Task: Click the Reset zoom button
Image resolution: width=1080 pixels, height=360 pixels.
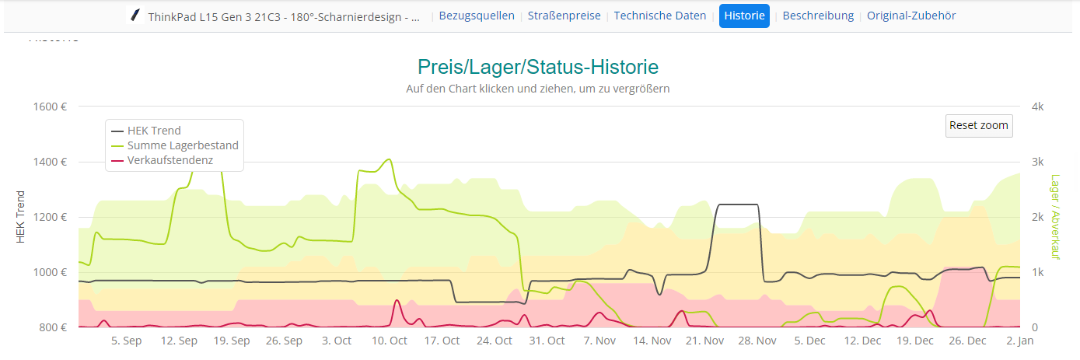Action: (979, 125)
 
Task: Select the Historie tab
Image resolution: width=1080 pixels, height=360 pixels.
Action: (744, 16)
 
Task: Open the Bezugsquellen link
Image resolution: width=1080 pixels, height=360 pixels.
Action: (477, 16)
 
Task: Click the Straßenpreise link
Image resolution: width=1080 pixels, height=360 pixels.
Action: (564, 16)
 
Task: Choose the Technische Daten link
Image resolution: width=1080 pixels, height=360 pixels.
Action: (660, 16)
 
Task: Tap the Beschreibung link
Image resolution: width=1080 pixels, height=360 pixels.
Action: (818, 16)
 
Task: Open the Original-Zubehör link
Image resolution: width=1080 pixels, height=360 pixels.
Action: (911, 16)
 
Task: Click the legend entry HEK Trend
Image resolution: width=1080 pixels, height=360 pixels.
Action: (154, 131)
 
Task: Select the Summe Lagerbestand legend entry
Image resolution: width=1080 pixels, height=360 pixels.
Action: (183, 145)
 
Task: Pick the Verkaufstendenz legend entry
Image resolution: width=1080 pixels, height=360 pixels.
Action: (170, 160)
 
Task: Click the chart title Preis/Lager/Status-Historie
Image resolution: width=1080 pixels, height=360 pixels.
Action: (538, 67)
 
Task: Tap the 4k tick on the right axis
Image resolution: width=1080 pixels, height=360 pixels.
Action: (1037, 107)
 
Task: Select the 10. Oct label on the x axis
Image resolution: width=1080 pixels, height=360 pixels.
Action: (390, 341)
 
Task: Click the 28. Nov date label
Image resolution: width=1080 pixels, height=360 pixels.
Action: (757, 341)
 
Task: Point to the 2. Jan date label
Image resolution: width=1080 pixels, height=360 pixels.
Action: (1019, 341)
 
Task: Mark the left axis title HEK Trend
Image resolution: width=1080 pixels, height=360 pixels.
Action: (21, 217)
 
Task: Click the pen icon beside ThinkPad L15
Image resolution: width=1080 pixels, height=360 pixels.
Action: (136, 16)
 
